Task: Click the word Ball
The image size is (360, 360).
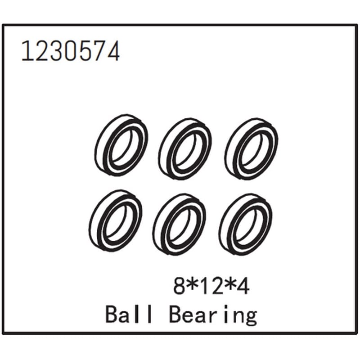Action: click(129, 314)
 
